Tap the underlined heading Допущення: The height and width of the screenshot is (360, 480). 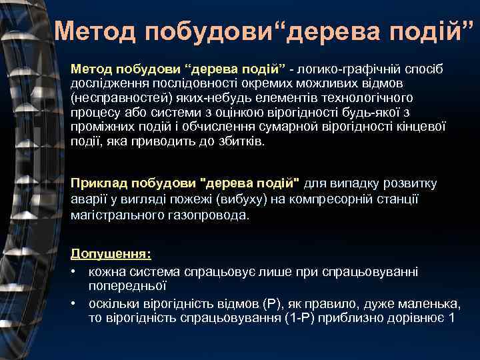point(111,254)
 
